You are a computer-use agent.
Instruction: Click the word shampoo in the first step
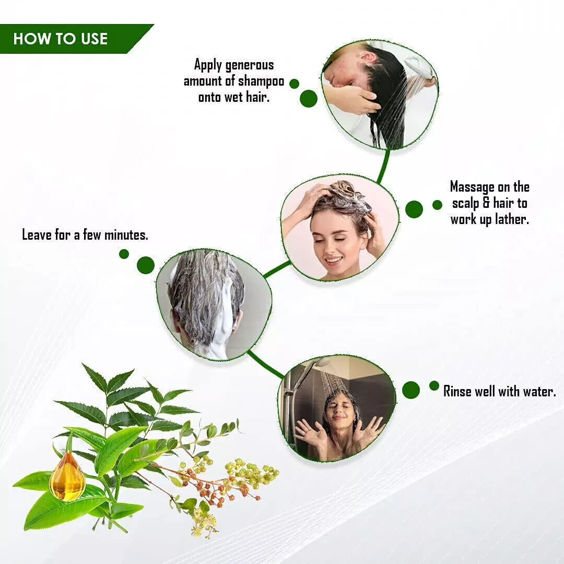[261, 81]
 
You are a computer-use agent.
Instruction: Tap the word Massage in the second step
[472, 187]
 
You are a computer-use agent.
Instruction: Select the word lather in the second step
[512, 219]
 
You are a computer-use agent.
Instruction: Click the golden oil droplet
[67, 476]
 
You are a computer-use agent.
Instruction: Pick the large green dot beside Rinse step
[411, 390]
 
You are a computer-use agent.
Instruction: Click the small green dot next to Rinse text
[434, 385]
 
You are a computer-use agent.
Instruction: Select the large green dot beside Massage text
[414, 209]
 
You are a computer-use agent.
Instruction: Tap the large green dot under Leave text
[146, 265]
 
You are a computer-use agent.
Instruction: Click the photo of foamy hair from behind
[214, 304]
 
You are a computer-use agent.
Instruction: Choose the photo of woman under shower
[337, 408]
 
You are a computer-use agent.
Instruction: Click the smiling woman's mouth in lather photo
[333, 260]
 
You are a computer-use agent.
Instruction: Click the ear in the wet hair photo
[366, 57]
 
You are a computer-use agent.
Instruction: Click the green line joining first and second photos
[383, 166]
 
